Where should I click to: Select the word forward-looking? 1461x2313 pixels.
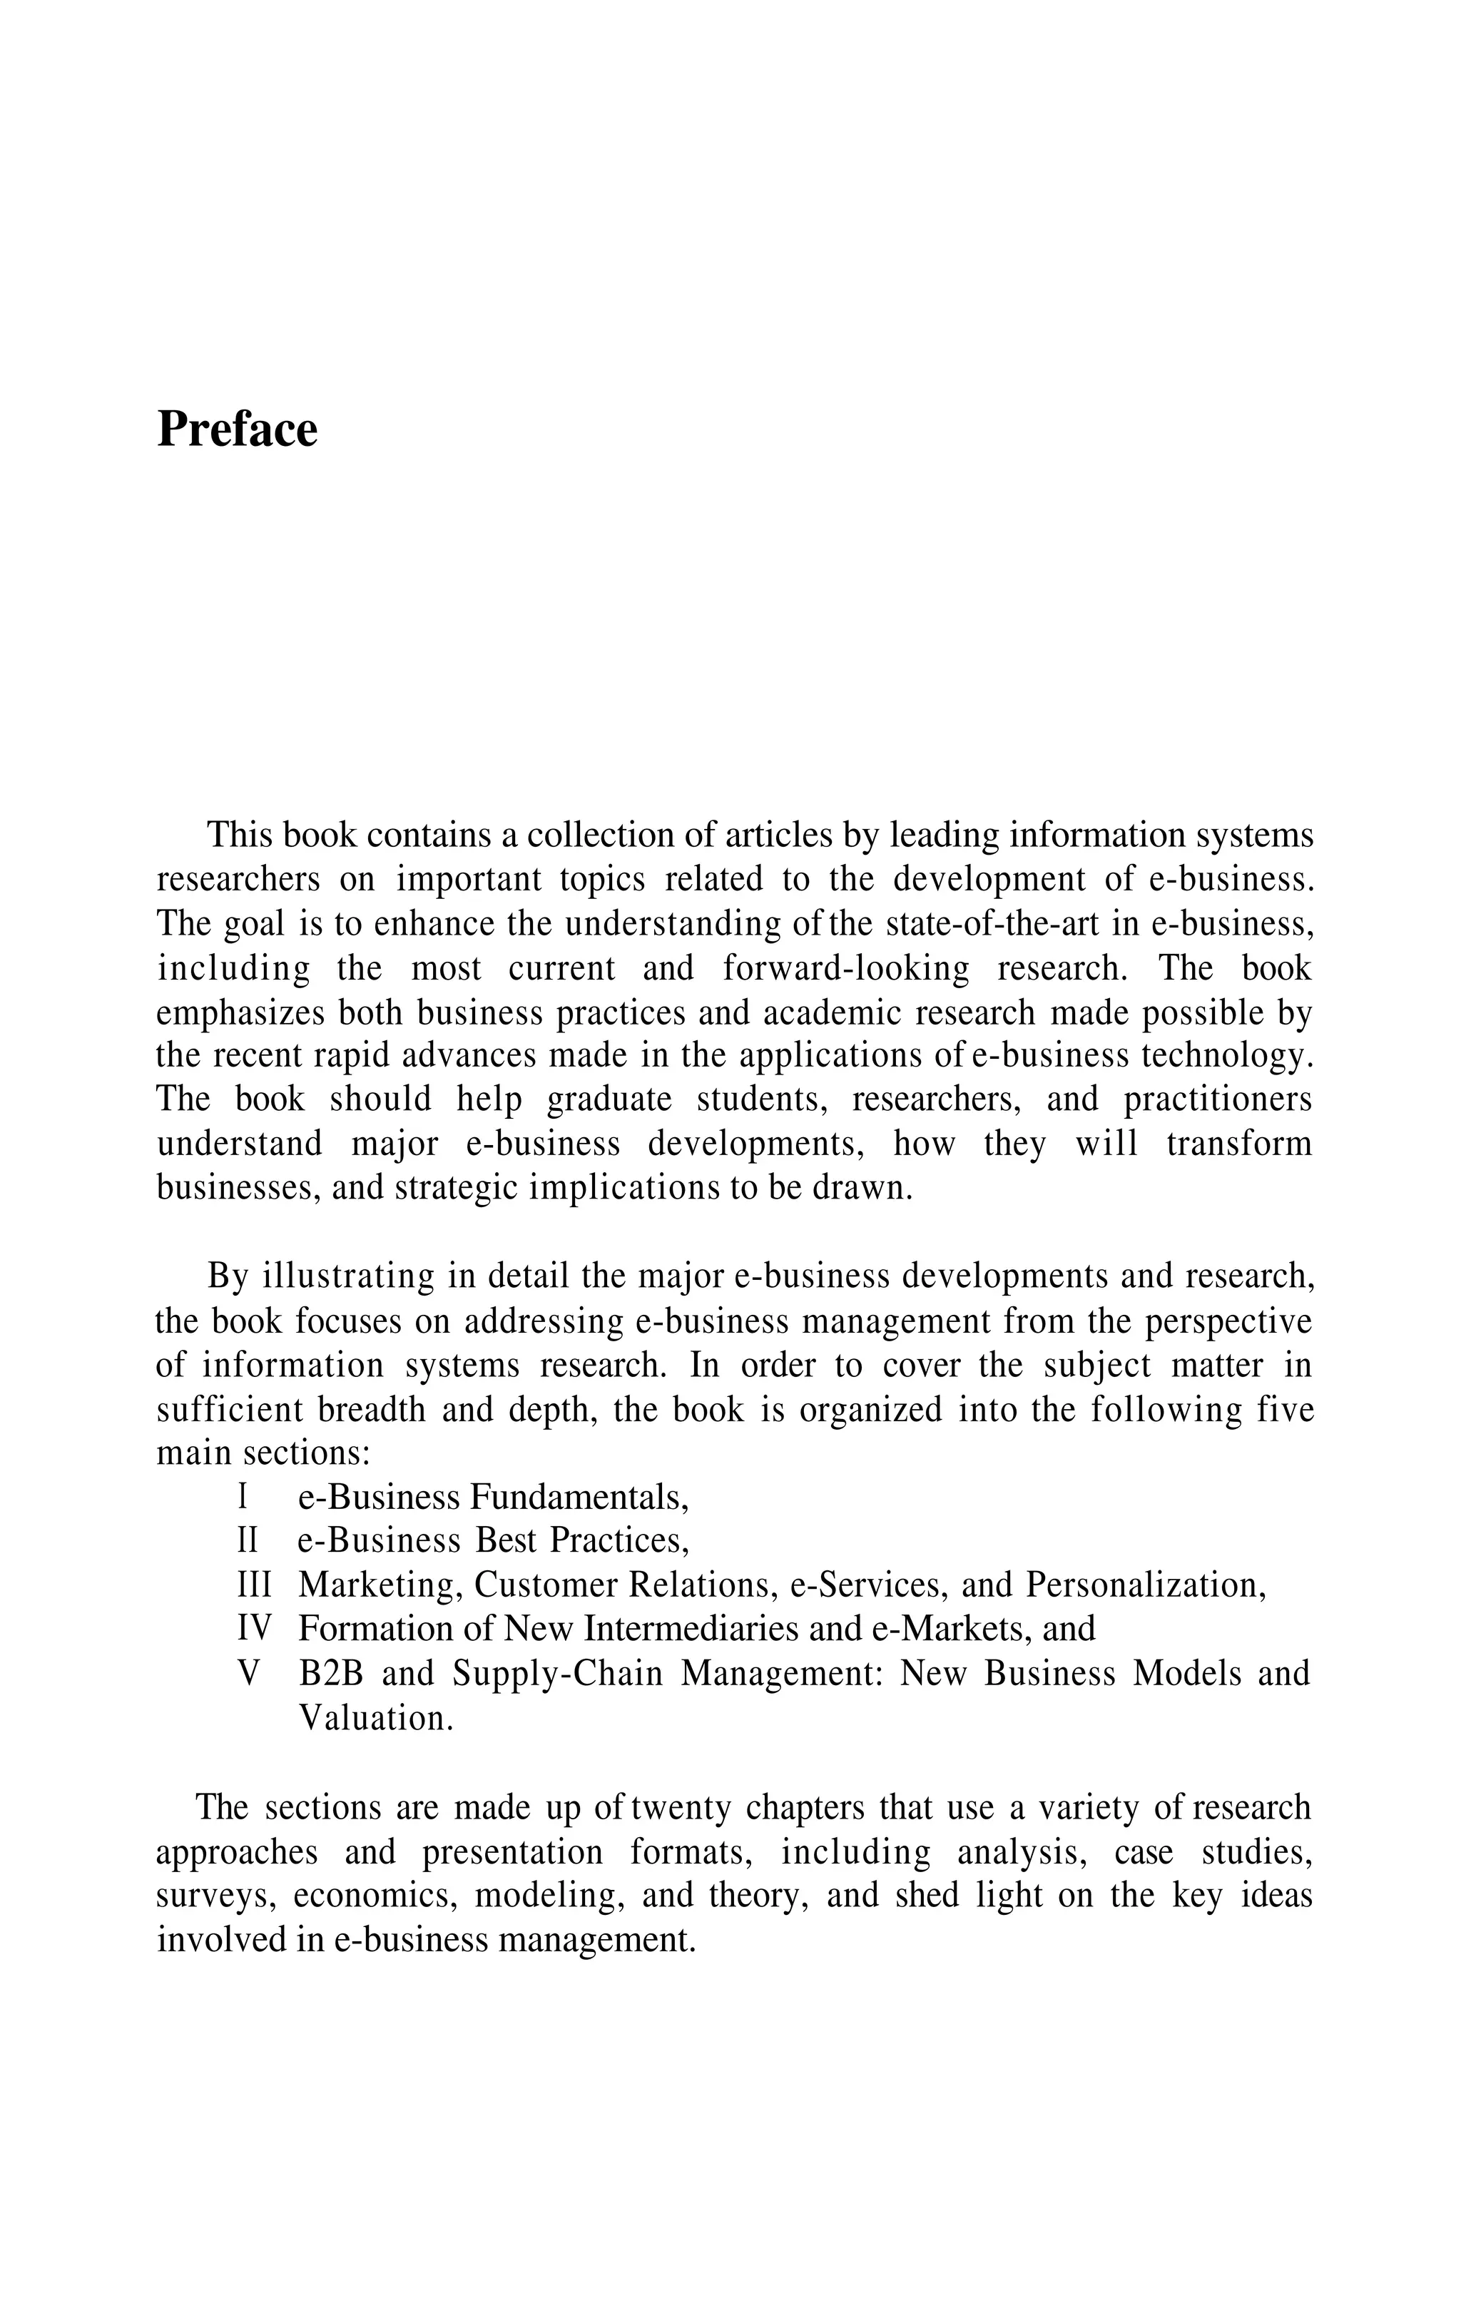pyautogui.click(x=845, y=968)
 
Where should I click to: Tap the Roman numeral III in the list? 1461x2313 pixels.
pyautogui.click(x=253, y=1585)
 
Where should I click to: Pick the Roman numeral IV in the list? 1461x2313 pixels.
pyautogui.click(x=253, y=1629)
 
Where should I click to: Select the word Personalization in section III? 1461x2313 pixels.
pyautogui.click(x=1144, y=1585)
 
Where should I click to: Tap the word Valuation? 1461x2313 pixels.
pyautogui.click(x=375, y=1717)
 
